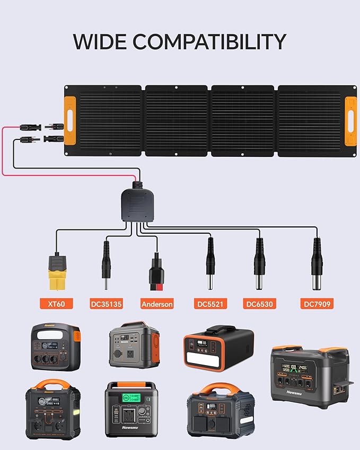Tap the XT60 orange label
(x=56, y=304)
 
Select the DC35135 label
(x=106, y=304)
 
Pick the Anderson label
(x=157, y=304)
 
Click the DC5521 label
(x=209, y=304)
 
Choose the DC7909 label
(x=316, y=304)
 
